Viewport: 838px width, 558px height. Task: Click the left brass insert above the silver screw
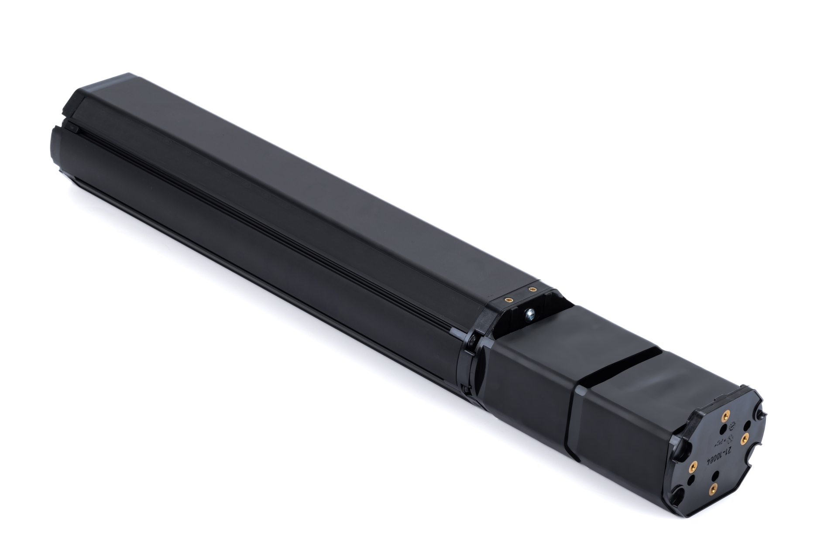(x=509, y=300)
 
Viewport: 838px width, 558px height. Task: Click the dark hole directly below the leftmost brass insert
(x=691, y=479)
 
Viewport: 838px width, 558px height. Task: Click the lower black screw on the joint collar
(x=466, y=389)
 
